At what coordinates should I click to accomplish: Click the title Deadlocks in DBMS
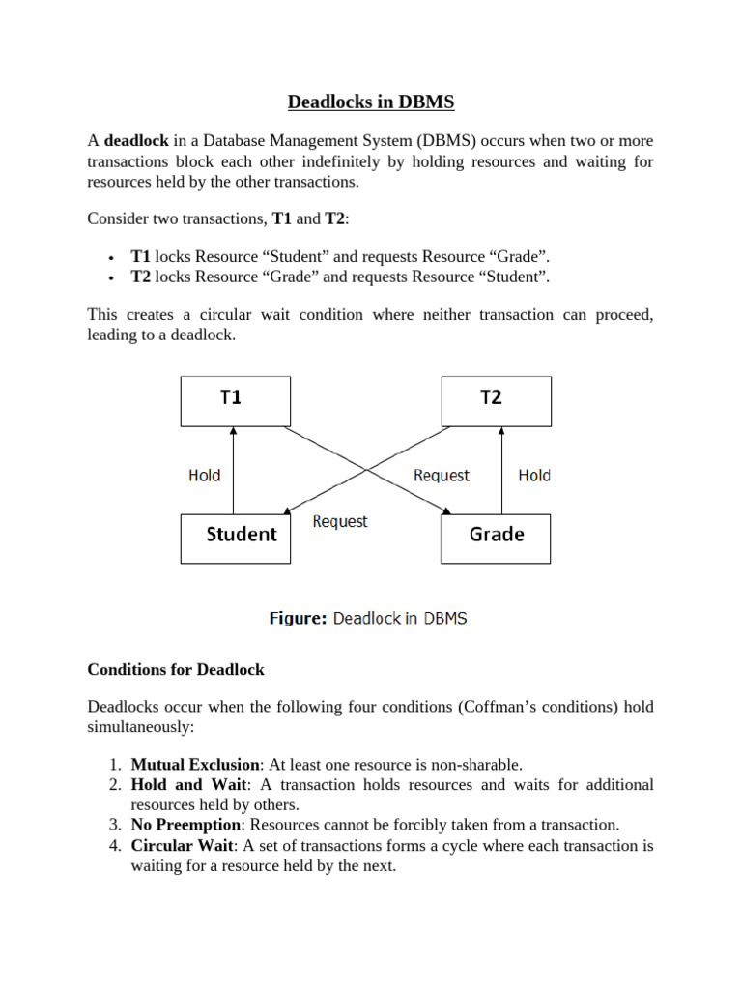pos(370,103)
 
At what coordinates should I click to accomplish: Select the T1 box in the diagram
pos(234,400)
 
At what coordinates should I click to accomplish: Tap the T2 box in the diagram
pos(496,400)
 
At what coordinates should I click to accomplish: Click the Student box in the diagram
pos(234,538)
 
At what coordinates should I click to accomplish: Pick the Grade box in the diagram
pos(496,538)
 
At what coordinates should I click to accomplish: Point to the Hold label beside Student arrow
pos(204,475)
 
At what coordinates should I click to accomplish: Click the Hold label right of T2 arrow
pos(534,475)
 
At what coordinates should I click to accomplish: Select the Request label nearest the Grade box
pos(441,475)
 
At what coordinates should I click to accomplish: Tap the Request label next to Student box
pos(340,521)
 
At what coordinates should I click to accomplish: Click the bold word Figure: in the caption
pos(297,618)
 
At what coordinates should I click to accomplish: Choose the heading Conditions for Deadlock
pos(176,669)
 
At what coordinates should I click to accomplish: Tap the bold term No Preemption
pos(185,825)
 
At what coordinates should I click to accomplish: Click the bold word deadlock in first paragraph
pos(136,143)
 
